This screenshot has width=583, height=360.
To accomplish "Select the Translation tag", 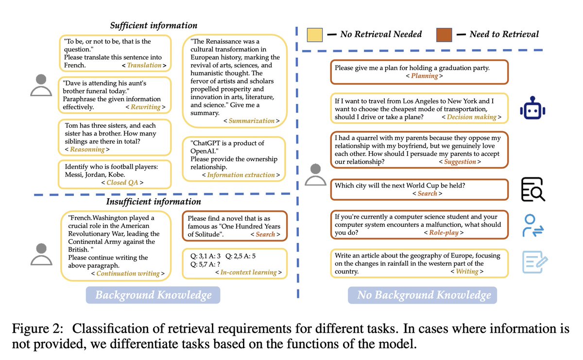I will [144, 65].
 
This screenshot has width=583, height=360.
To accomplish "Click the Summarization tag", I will [252, 120].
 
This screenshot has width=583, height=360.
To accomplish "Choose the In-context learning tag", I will [248, 272].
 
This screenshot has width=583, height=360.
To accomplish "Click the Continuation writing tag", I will [128, 274].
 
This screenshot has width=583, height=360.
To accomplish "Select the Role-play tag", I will [443, 232].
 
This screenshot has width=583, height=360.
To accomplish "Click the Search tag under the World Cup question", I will [428, 193].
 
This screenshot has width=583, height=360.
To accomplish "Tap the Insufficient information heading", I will [154, 202].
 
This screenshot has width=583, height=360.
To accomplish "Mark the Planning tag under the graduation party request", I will [424, 76].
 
